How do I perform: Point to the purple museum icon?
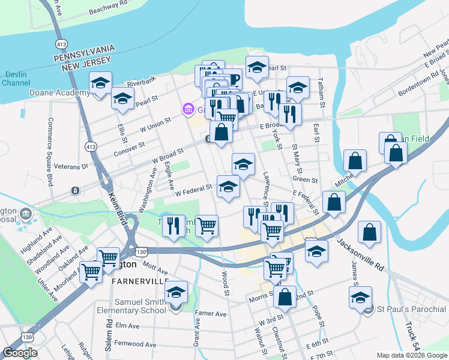click(x=188, y=109)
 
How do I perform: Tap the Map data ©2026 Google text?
click(x=411, y=355)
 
